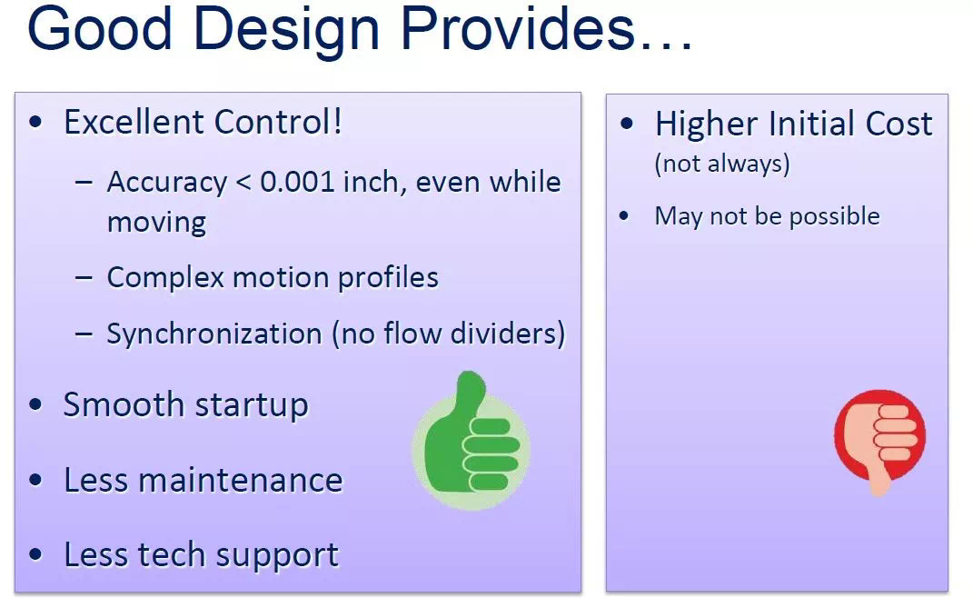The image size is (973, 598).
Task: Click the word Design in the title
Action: [x=286, y=31]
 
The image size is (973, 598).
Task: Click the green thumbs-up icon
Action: [x=471, y=440]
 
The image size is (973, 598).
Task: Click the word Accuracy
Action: [x=167, y=184]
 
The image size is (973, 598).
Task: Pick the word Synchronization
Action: [x=214, y=334]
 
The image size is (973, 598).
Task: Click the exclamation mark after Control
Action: [x=338, y=122]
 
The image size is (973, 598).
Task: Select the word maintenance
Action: [x=240, y=480]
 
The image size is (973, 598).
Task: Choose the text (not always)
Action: [x=722, y=164]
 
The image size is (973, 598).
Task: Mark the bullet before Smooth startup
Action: [x=36, y=404]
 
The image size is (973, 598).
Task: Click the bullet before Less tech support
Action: [x=36, y=554]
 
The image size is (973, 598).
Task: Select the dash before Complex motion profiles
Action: [x=84, y=277]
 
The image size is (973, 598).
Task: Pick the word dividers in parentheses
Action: [x=508, y=334]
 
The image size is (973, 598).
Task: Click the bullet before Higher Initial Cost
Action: [x=627, y=123]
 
